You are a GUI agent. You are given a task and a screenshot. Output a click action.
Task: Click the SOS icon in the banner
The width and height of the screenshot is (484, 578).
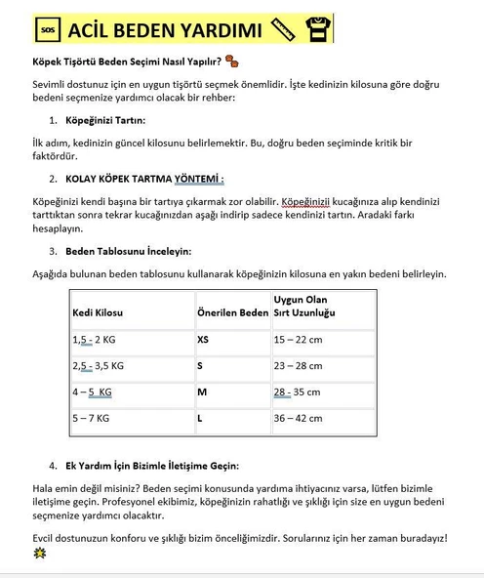pos(48,30)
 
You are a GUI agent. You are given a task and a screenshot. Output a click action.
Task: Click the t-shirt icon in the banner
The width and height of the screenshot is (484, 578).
pos(316,30)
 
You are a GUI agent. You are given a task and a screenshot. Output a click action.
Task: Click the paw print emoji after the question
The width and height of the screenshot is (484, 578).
pos(232,63)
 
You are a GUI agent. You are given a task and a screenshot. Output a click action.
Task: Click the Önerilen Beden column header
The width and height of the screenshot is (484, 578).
pos(232,312)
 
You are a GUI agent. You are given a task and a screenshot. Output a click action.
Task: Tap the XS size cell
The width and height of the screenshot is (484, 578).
pos(203,340)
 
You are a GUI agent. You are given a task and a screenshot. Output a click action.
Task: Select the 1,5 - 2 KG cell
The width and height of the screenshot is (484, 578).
pos(95,340)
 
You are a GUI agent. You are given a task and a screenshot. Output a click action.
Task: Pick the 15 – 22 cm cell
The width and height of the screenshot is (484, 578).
pos(298,340)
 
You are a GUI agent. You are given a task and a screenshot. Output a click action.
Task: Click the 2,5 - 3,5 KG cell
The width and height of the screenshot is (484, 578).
pos(99,366)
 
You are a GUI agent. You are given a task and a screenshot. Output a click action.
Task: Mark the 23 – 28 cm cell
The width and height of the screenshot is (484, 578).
pos(298,366)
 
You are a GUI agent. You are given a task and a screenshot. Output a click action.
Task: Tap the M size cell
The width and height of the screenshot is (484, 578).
pos(202,392)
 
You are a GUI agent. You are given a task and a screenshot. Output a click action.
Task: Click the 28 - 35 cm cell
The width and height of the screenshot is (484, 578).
pos(298,392)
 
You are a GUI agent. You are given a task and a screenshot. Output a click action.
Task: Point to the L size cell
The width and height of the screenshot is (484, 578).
pos(200,419)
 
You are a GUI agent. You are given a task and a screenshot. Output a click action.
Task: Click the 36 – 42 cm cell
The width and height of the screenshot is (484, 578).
pos(298,419)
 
